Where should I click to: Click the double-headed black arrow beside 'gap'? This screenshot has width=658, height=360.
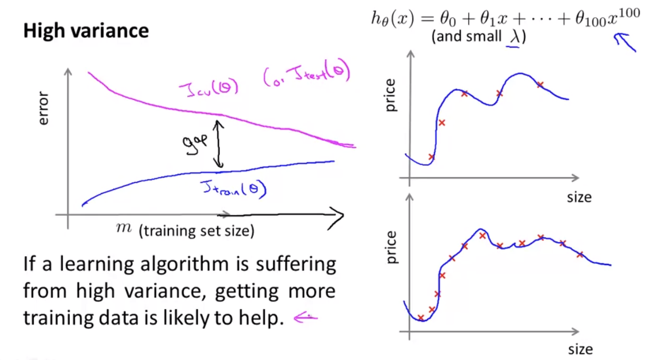click(x=219, y=143)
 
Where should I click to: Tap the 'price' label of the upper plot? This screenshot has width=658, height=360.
click(x=391, y=95)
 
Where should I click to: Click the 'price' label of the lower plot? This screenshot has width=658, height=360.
click(x=391, y=248)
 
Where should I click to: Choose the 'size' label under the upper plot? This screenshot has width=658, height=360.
click(x=579, y=197)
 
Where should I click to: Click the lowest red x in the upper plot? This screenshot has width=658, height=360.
click(x=432, y=157)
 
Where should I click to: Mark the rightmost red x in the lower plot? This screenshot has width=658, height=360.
click(x=580, y=254)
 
